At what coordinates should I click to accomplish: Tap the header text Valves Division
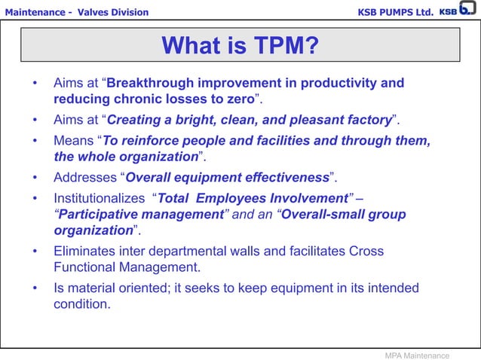(111, 12)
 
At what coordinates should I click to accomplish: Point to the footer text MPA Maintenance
(417, 355)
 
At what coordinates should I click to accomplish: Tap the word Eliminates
(84, 251)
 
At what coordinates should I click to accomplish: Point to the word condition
(81, 305)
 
